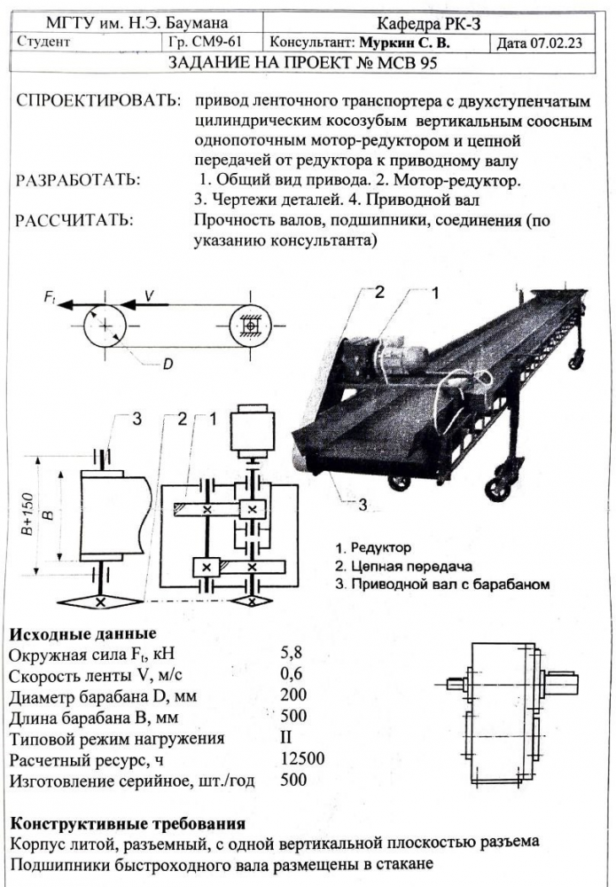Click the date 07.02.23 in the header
553,42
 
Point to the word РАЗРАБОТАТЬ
78,180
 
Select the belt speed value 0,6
292,678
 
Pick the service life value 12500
301,760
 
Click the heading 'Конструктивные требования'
126,823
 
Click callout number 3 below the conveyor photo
363,505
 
